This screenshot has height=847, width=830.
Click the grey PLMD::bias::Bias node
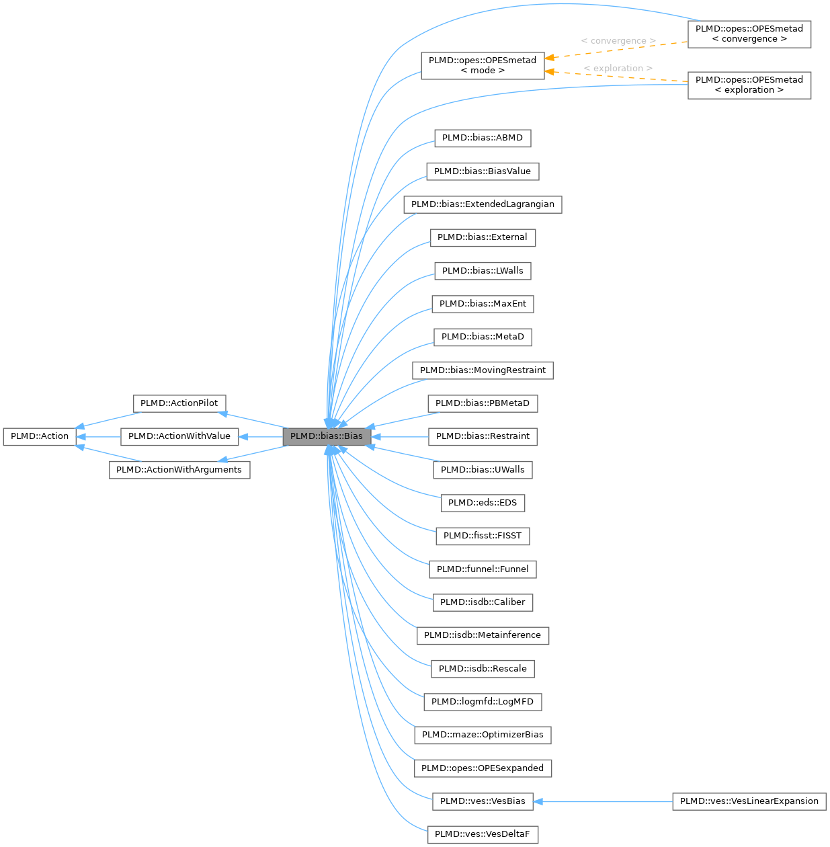coord(327,436)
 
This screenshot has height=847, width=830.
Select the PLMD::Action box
coord(40,436)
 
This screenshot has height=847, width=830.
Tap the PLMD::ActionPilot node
coord(179,403)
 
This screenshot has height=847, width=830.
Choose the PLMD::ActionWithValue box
coord(179,436)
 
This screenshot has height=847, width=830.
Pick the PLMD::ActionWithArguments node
coord(179,469)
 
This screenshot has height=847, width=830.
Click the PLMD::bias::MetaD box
coord(483,337)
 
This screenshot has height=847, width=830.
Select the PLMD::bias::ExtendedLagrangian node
coord(483,204)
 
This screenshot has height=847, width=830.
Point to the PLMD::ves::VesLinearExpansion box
coord(749,801)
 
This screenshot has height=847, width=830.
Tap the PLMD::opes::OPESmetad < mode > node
coord(483,65)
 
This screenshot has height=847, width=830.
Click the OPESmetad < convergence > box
coord(749,34)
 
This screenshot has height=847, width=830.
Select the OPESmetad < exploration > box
coord(749,85)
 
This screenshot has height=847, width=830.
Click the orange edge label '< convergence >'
coord(618,41)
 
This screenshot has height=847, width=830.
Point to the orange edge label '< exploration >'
coord(618,69)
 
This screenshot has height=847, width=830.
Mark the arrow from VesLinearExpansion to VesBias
coord(605,801)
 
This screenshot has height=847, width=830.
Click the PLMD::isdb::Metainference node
coord(483,635)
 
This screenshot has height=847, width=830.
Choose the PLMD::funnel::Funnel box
coord(483,569)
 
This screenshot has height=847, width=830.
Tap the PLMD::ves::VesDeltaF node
coord(483,834)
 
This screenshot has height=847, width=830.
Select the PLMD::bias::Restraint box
coord(483,436)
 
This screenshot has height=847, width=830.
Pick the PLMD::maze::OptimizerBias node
coord(483,735)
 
